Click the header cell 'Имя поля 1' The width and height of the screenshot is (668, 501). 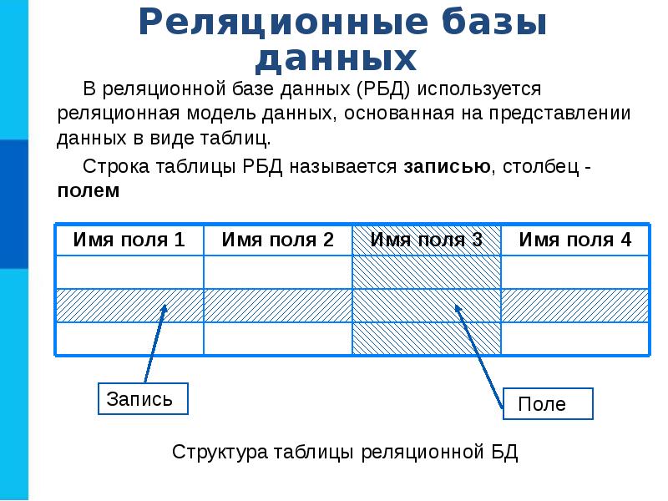[129, 240]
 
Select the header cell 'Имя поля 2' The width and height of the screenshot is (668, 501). [278, 240]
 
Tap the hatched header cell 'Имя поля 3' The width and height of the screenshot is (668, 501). [427, 240]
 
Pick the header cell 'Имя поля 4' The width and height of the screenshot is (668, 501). [575, 240]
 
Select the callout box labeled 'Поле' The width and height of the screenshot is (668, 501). [547, 404]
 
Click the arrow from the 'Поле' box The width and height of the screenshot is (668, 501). [480, 351]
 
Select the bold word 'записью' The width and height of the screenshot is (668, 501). [447, 165]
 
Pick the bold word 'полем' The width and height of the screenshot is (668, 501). [89, 190]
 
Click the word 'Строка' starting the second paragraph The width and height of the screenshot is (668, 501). [113, 165]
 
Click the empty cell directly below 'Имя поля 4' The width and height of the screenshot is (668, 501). [575, 272]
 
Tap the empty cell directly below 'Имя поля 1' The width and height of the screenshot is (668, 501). [129, 272]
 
